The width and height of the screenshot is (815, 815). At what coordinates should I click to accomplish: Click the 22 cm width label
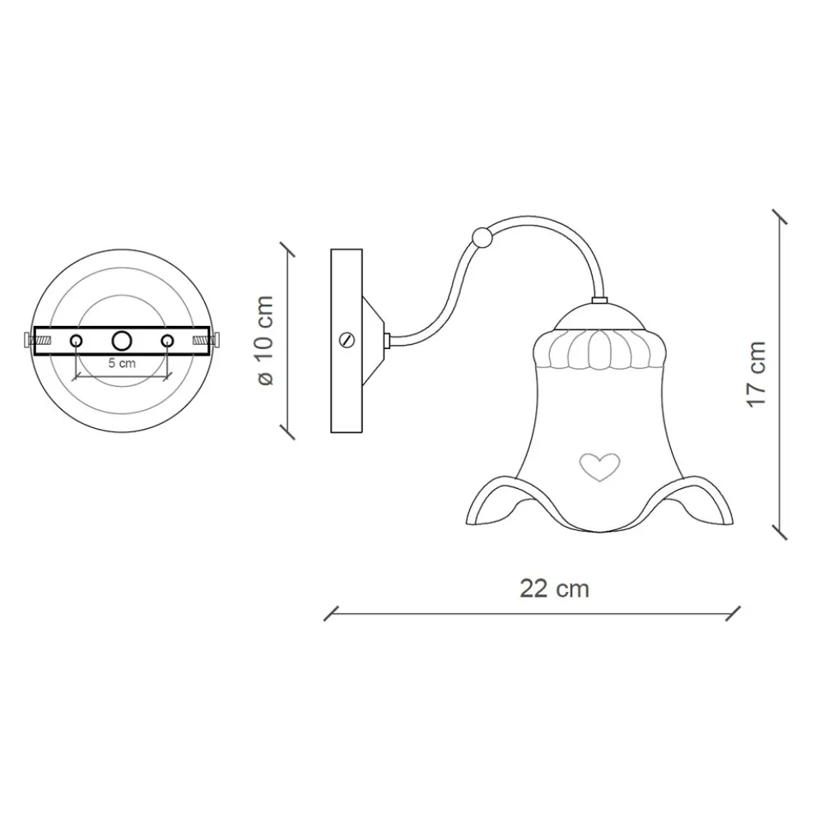(554, 589)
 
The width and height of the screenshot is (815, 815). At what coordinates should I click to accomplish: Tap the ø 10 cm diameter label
(263, 340)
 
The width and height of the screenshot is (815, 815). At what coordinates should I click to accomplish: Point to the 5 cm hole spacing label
(121, 361)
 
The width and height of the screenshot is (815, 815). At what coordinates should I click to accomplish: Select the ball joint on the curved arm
(482, 238)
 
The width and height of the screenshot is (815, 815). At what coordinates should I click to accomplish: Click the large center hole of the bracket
(122, 340)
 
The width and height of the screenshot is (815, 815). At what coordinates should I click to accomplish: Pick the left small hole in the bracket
(76, 340)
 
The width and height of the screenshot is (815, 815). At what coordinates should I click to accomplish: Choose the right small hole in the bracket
(167, 340)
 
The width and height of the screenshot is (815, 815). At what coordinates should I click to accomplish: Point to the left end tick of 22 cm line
(331, 613)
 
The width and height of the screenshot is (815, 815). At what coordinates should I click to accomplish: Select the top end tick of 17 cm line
(779, 217)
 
